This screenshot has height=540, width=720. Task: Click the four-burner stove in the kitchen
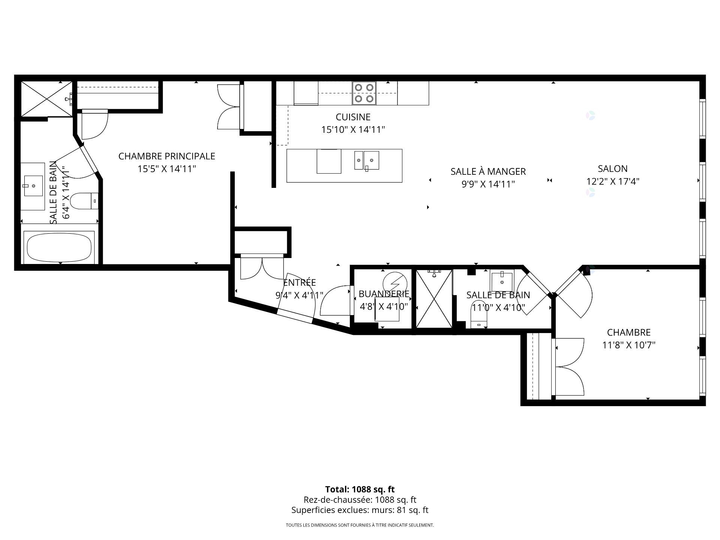pyautogui.click(x=364, y=93)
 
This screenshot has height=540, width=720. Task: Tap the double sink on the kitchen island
pyautogui.click(x=367, y=160)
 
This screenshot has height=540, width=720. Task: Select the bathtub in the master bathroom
pyautogui.click(x=59, y=247)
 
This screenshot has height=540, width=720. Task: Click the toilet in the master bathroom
pyautogui.click(x=84, y=201)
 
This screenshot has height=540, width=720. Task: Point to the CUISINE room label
pyautogui.click(x=353, y=117)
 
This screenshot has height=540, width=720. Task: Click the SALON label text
pyautogui.click(x=613, y=169)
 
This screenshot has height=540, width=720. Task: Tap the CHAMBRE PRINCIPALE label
pyautogui.click(x=167, y=156)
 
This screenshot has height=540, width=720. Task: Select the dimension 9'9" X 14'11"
pyautogui.click(x=488, y=184)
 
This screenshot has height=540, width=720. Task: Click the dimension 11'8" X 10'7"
pyautogui.click(x=629, y=345)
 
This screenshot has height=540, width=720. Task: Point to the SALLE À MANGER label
pyautogui.click(x=488, y=171)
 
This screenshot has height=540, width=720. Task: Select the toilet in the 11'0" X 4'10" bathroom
pyautogui.click(x=478, y=314)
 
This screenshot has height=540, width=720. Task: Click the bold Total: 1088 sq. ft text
pyautogui.click(x=360, y=489)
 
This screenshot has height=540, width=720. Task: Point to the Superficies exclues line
pyautogui.click(x=360, y=510)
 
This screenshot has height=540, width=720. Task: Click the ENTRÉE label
pyautogui.click(x=299, y=282)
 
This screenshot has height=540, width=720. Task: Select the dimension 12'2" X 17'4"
pyautogui.click(x=613, y=181)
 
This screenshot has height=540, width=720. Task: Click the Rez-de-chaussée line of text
pyautogui.click(x=360, y=500)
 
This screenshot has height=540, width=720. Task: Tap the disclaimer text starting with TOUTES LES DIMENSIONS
pyautogui.click(x=360, y=525)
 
